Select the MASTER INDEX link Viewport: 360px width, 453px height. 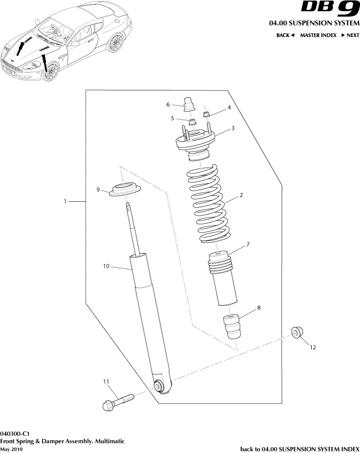(318, 35)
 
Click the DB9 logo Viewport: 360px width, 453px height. (330, 9)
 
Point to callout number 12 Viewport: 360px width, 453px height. (313, 347)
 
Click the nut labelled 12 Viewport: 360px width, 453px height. (296, 332)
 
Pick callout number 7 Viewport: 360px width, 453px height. (248, 243)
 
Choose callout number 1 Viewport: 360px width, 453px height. (65, 201)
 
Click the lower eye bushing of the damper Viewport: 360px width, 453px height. (159, 386)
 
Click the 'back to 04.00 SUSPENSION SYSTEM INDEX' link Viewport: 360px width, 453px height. (299, 449)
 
